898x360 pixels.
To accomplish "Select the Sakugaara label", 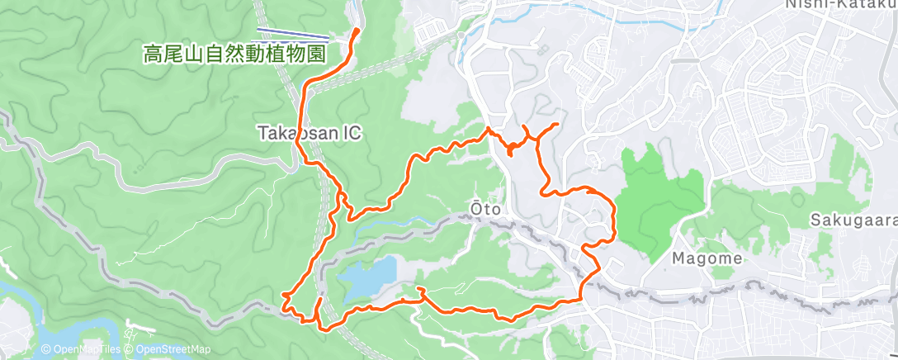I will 850,221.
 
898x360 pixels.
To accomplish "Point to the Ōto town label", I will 486,210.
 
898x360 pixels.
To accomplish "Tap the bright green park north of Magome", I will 660,198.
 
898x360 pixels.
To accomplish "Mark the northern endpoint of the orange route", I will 357,31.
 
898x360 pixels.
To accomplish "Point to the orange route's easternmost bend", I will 615,219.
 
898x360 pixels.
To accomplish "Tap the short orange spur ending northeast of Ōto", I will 556,124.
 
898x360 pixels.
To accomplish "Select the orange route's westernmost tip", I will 283,294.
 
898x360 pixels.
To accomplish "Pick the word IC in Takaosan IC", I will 351,133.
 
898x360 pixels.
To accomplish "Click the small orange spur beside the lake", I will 421,290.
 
